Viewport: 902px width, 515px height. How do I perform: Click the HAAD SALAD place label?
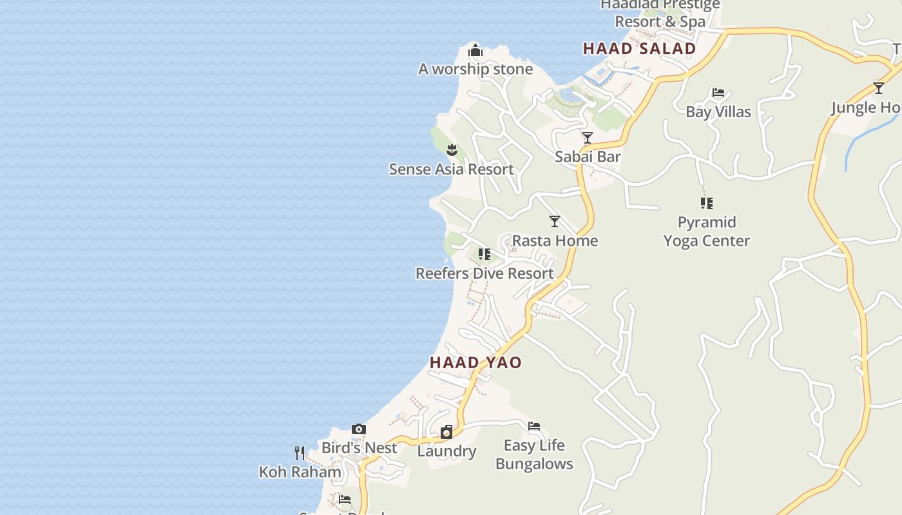pos(639,49)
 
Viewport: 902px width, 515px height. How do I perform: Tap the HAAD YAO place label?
pos(475,362)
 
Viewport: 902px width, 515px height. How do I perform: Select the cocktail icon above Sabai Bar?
pos(588,138)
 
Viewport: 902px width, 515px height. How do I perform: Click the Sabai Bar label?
pos(588,156)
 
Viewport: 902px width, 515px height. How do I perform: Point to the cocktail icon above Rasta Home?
pos(555,221)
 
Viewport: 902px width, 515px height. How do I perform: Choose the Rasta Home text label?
pos(555,241)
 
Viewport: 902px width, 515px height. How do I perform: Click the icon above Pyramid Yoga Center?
pos(707,203)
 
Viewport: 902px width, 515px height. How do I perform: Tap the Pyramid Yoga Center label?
pos(707,232)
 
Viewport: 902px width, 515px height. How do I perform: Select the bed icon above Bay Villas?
pos(718,93)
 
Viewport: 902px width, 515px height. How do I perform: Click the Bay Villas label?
pos(718,112)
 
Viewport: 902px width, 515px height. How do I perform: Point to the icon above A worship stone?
pos(475,50)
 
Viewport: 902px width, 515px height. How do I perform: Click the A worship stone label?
pos(475,70)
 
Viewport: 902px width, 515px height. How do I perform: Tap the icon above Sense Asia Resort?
pos(452,150)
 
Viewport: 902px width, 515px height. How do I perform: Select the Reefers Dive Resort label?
pos(485,274)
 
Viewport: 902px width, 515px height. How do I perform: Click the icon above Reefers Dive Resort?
pos(485,254)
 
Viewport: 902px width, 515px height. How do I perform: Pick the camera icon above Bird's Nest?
pos(359,429)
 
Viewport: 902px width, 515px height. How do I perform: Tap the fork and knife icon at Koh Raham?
pos(300,453)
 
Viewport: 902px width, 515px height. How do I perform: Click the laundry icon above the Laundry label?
pos(446,432)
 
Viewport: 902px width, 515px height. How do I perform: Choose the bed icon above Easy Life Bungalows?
pos(534,426)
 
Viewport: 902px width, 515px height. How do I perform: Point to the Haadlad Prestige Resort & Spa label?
pos(660,13)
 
